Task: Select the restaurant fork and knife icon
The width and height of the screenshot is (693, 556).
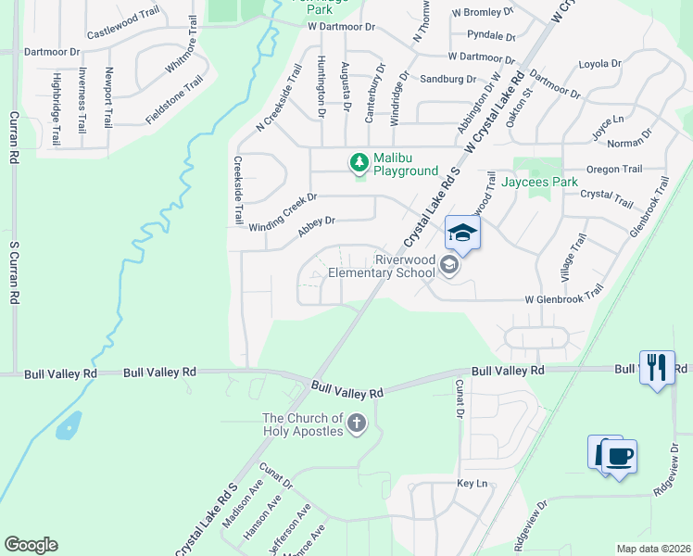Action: pyautogui.click(x=657, y=367)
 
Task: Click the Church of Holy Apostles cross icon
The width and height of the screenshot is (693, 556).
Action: pyautogui.click(x=357, y=425)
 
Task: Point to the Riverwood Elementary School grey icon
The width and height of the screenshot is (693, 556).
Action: pyautogui.click(x=449, y=266)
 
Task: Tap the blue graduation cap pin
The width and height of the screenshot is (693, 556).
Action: pyautogui.click(x=462, y=233)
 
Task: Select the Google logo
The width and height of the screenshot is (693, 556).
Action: pyautogui.click(x=31, y=545)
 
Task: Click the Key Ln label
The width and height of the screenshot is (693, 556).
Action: pyautogui.click(x=472, y=484)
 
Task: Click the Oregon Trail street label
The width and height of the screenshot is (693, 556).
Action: pyautogui.click(x=614, y=169)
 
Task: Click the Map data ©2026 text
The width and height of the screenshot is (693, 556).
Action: pyautogui.click(x=652, y=549)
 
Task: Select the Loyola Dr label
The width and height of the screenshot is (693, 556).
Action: pyautogui.click(x=598, y=63)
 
